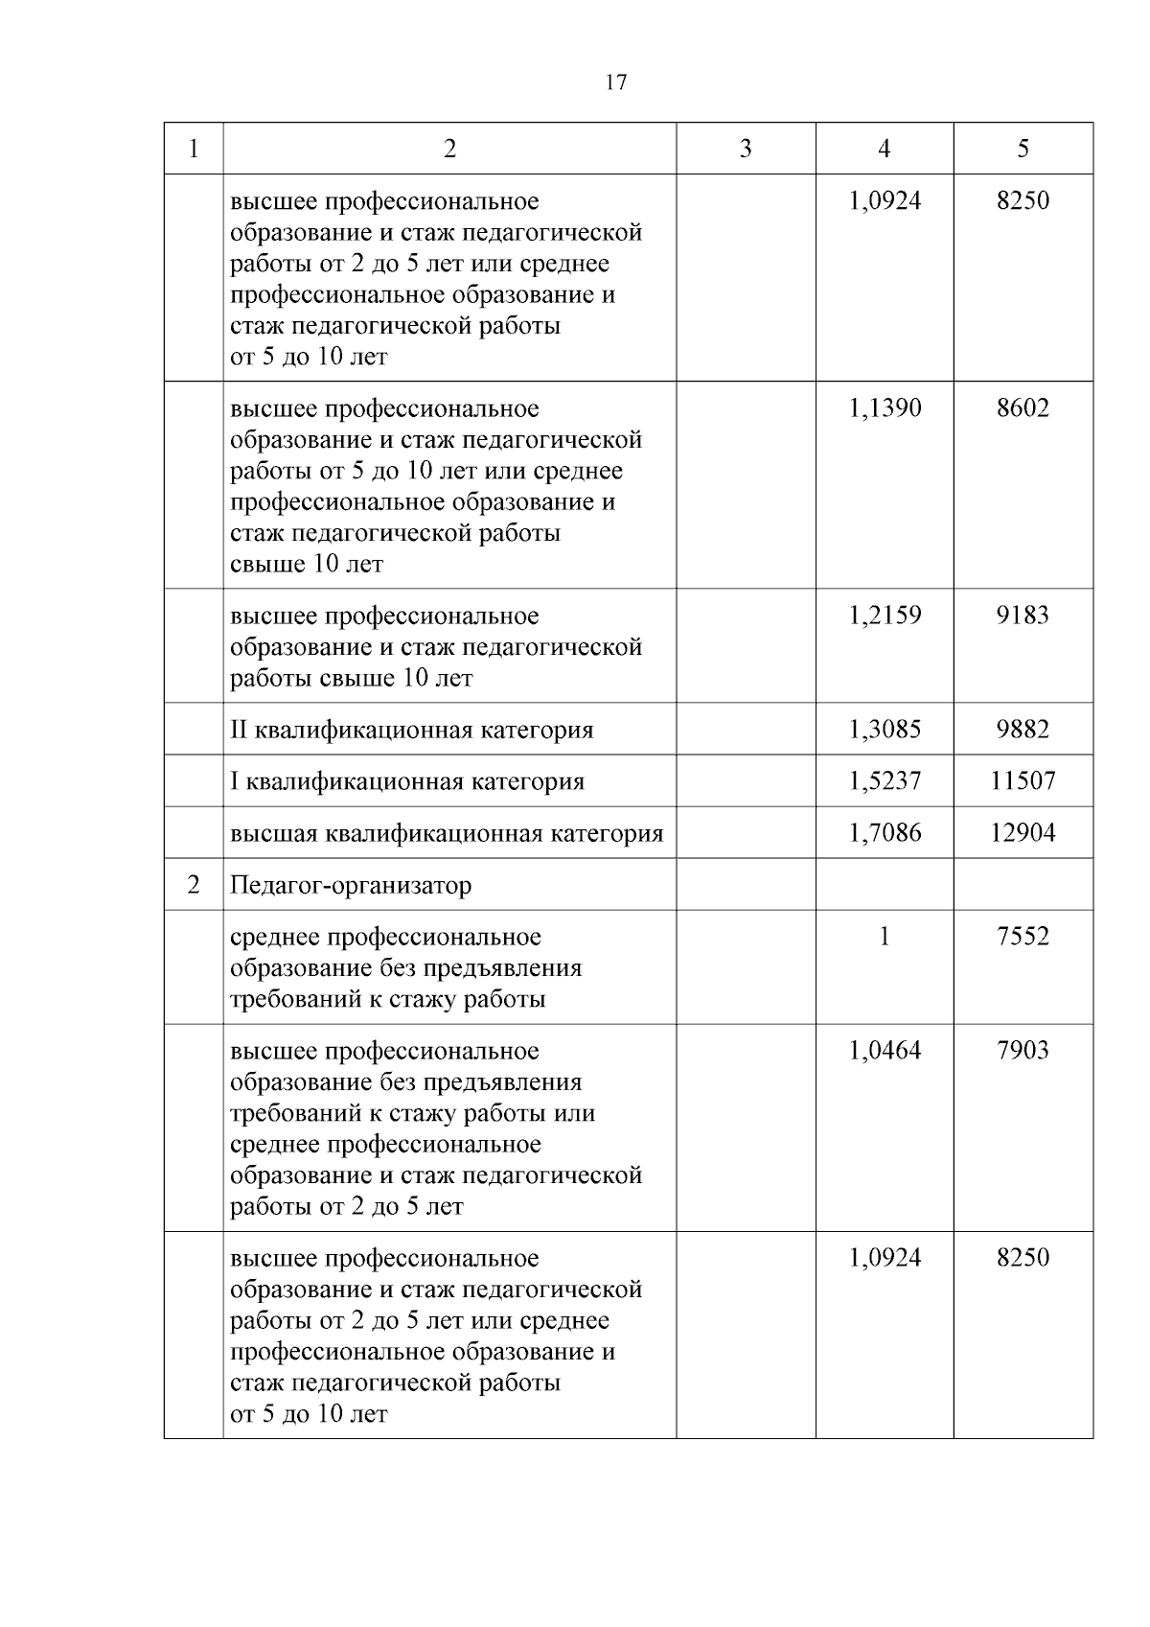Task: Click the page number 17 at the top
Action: pyautogui.click(x=616, y=81)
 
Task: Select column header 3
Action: pyautogui.click(x=746, y=149)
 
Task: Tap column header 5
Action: pyautogui.click(x=1023, y=149)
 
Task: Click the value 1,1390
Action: pyautogui.click(x=885, y=408)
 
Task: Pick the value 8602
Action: pyautogui.click(x=1023, y=408)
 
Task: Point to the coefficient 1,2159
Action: pyautogui.click(x=885, y=616)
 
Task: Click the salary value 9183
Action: pyautogui.click(x=1023, y=616)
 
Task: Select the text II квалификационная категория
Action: pyautogui.click(x=411, y=731)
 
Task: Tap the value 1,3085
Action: pyautogui.click(x=885, y=731)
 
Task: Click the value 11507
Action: pyautogui.click(x=1023, y=781)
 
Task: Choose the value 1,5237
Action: pyautogui.click(x=885, y=781)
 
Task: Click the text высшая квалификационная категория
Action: pyautogui.click(x=447, y=833)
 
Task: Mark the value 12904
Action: pyautogui.click(x=1023, y=833)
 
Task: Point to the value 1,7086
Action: pyautogui.click(x=885, y=833)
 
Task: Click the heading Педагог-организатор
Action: pyautogui.click(x=351, y=885)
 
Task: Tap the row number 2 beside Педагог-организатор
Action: pyautogui.click(x=194, y=885)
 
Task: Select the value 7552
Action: pyautogui.click(x=1023, y=937)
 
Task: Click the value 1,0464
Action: pyautogui.click(x=885, y=1051)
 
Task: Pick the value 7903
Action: pyautogui.click(x=1023, y=1051)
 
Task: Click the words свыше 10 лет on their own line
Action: pyautogui.click(x=307, y=565)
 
